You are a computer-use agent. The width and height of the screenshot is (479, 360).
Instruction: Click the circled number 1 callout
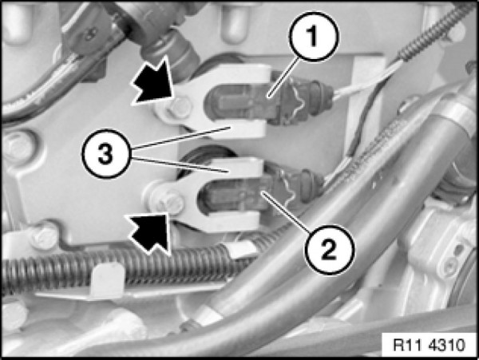(312, 37)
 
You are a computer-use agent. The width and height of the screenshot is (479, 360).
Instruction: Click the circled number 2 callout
(329, 250)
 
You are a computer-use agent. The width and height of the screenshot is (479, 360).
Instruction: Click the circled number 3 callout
(105, 154)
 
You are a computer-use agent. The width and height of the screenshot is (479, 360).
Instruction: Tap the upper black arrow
(152, 83)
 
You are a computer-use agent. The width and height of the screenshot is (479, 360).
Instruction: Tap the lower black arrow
(148, 232)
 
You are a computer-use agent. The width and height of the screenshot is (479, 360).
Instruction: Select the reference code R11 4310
(429, 345)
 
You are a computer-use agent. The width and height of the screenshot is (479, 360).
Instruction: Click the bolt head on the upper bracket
(180, 107)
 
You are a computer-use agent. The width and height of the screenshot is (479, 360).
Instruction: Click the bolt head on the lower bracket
(172, 202)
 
